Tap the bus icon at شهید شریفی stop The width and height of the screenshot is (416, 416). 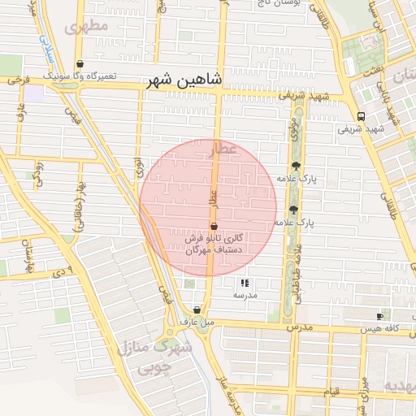point(361,116)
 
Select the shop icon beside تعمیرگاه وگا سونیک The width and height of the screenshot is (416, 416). point(80,64)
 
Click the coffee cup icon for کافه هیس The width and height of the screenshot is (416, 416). point(380,316)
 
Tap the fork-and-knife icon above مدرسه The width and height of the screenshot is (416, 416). point(245,284)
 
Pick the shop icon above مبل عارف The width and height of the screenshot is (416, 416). point(197,310)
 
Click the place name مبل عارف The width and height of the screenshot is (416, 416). point(197,323)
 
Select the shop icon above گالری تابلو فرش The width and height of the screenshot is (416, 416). point(214,227)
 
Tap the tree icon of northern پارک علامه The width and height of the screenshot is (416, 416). point(295,166)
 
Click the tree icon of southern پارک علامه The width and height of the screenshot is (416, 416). point(293,210)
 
